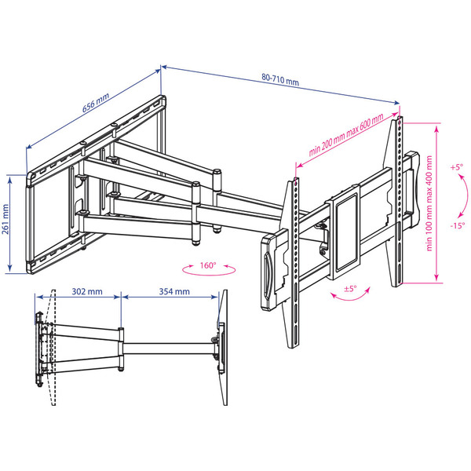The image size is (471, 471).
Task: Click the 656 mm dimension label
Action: coord(96,103)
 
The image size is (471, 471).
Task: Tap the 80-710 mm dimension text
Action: coord(280,79)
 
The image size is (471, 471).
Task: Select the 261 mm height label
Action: coord(5,219)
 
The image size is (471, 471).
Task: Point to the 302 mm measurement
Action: coord(87,291)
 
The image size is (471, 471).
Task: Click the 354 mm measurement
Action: coord(174,291)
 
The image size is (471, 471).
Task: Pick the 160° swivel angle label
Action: coord(208,265)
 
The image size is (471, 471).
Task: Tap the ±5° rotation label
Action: coord(350,289)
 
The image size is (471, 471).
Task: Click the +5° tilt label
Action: coord(457,167)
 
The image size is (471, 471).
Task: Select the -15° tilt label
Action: coord(458,225)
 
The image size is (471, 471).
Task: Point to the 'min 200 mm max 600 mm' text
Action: coord(346,135)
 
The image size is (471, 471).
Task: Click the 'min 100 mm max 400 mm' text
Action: coord(429,203)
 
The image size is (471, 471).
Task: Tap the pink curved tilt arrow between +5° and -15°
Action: coord(466,195)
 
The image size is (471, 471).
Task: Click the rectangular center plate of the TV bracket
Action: coord(343,232)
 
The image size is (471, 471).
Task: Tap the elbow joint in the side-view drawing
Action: coord(121,350)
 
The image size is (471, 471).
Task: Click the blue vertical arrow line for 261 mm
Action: coord(10,224)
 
